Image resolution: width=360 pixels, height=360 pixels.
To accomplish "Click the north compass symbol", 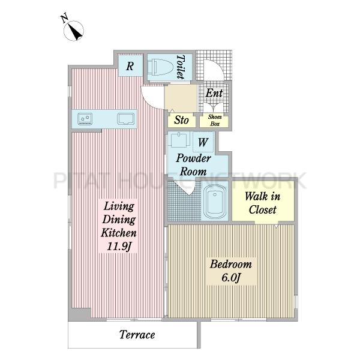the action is [73, 29].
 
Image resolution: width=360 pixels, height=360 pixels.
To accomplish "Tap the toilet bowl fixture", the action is [160, 67].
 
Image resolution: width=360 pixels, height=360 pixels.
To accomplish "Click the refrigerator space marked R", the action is [130, 65].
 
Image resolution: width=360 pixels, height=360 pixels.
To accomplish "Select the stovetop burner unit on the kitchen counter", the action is [85, 119].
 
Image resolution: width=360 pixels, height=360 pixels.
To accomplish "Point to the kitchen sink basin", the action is [126, 119].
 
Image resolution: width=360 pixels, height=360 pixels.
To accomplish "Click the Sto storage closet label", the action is [181, 120].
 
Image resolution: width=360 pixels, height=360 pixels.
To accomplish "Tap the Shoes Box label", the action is [215, 120].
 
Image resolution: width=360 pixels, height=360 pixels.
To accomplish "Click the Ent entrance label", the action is [214, 93].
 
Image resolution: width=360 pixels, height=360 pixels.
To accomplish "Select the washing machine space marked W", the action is [203, 142].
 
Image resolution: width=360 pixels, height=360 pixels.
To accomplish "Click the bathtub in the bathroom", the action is [215, 202].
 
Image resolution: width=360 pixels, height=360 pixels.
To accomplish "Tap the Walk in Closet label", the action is [263, 203].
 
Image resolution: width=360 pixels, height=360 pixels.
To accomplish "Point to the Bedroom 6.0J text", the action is [231, 271].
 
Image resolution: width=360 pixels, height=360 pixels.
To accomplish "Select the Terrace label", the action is [137, 335].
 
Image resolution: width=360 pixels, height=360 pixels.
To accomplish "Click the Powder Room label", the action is [193, 164].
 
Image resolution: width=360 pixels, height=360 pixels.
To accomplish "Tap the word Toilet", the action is [181, 67].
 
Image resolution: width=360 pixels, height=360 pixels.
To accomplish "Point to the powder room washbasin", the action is [179, 140].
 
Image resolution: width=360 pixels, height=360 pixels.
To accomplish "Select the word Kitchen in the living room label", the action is [119, 233].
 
